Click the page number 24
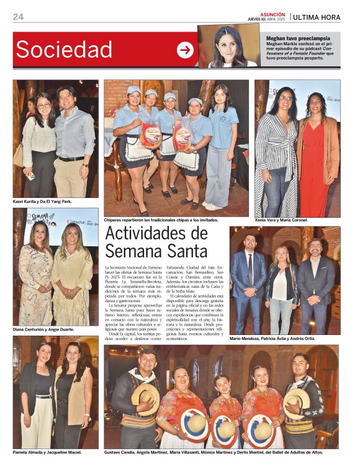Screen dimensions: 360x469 (18, 17)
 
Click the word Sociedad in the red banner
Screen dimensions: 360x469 (64, 50)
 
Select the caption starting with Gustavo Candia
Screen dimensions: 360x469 (214, 452)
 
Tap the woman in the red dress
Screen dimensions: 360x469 (317, 155)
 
